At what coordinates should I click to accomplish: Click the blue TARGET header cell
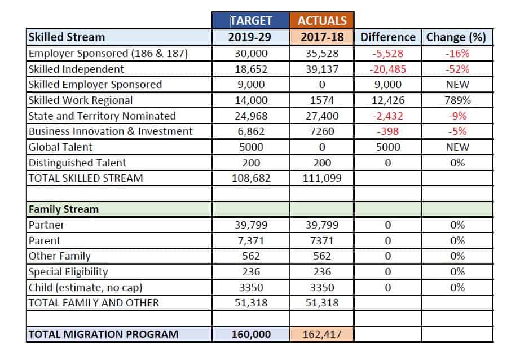click(x=251, y=20)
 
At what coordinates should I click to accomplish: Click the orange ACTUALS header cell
click(x=321, y=20)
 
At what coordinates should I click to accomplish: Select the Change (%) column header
click(x=456, y=37)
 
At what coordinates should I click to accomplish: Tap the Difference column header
click(x=387, y=37)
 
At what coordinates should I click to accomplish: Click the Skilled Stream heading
click(x=67, y=37)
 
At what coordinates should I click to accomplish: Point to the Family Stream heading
click(x=64, y=209)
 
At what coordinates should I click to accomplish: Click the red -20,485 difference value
click(x=387, y=69)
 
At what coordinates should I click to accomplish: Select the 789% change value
click(x=457, y=100)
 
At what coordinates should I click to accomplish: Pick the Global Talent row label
click(x=60, y=147)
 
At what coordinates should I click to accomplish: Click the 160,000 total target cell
click(x=251, y=334)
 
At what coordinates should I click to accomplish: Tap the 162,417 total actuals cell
click(x=321, y=334)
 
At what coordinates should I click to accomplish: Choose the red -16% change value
click(x=457, y=54)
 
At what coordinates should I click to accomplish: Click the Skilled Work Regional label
click(x=81, y=100)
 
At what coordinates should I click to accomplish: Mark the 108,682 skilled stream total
click(x=251, y=178)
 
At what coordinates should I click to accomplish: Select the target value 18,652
click(x=251, y=69)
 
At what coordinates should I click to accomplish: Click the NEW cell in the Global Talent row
click(x=457, y=147)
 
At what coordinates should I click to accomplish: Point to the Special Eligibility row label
click(x=68, y=272)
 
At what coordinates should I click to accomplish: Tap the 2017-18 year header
click(x=321, y=37)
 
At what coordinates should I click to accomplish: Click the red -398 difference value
click(x=387, y=131)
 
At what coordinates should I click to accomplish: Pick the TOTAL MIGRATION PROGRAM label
click(x=103, y=334)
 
